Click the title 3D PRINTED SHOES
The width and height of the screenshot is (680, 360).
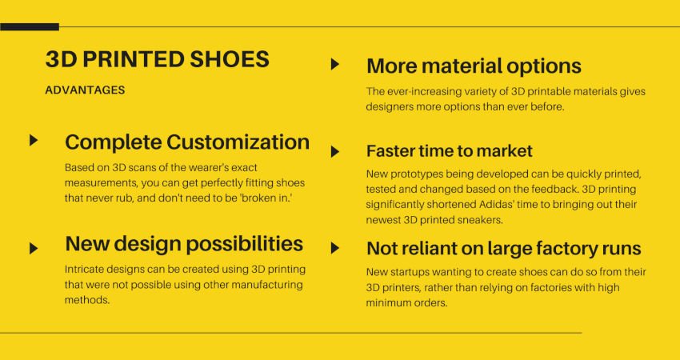(x=157, y=60)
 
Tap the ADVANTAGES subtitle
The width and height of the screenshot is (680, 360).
(x=85, y=90)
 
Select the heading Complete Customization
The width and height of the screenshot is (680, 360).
(x=186, y=142)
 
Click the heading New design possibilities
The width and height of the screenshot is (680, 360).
(x=183, y=243)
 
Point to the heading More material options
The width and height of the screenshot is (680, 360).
(x=474, y=66)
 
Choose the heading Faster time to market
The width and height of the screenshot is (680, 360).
(x=449, y=150)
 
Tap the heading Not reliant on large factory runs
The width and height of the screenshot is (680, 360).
(x=503, y=249)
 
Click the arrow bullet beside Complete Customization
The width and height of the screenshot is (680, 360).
(x=34, y=141)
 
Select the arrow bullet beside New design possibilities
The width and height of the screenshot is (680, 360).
(x=34, y=248)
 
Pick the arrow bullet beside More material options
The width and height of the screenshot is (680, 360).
(x=335, y=64)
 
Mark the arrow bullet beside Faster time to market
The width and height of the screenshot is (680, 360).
(x=335, y=150)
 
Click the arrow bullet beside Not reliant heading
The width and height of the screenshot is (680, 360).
(x=335, y=248)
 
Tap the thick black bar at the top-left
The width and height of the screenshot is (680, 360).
(x=30, y=27)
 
